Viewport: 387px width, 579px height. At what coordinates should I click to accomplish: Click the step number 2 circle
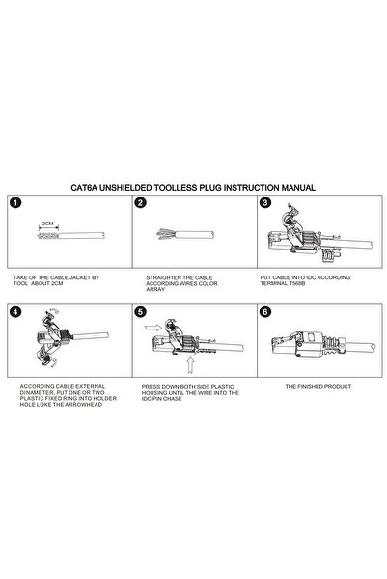click(141, 203)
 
